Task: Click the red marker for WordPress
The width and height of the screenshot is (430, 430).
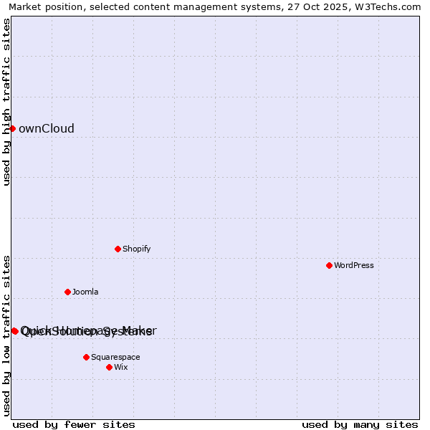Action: pyautogui.click(x=329, y=265)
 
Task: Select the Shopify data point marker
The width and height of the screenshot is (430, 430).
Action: pyautogui.click(x=118, y=249)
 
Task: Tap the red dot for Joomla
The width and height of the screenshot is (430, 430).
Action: pyautogui.click(x=67, y=292)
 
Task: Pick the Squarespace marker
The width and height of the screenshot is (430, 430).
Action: pyautogui.click(x=86, y=357)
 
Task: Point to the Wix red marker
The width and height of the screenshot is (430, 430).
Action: pyautogui.click(x=109, y=367)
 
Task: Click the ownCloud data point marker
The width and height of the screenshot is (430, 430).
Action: pyautogui.click(x=12, y=128)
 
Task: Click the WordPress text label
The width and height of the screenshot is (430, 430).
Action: pyautogui.click(x=354, y=266)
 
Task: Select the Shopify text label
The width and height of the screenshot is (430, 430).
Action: pyautogui.click(x=136, y=249)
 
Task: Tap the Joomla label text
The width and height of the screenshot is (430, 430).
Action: pyautogui.click(x=85, y=292)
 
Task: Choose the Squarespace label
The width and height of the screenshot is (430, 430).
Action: pyautogui.click(x=115, y=358)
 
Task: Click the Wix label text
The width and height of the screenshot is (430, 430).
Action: pyautogui.click(x=121, y=368)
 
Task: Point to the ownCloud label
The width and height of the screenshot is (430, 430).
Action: pyautogui.click(x=47, y=129)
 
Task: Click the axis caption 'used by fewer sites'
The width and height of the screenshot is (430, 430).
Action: pyautogui.click(x=74, y=424)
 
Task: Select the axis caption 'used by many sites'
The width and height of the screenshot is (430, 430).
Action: pyautogui.click(x=360, y=424)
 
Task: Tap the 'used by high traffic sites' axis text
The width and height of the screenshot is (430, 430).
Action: pyautogui.click(x=7, y=102)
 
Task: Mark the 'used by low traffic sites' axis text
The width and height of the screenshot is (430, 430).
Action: pyautogui.click(x=7, y=335)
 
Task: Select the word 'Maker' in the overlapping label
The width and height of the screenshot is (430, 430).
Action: pyautogui.click(x=140, y=330)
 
